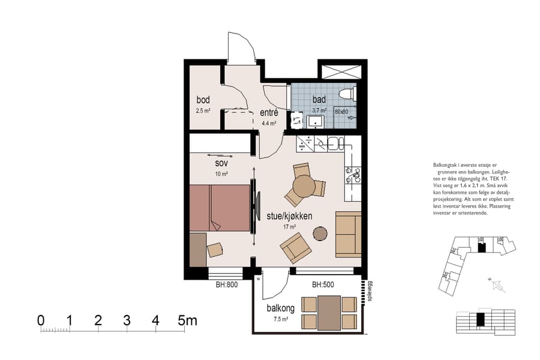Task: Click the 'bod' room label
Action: pos(203,100)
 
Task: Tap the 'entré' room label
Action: pos(268,113)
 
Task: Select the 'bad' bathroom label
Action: pos(319,99)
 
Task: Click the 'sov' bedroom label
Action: pos(221,163)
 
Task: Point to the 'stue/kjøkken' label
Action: pos(289,216)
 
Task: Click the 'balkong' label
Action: pos(280,308)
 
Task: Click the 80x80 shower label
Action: pos(341,112)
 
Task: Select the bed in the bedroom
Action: pos(220,208)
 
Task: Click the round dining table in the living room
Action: pos(304,187)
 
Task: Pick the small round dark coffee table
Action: pos(321,233)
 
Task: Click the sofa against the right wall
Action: pos(348,234)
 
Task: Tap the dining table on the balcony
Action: pos(329,313)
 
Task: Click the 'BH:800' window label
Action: pos(227,285)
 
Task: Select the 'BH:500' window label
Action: pos(323,285)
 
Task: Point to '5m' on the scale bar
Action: pos(188,320)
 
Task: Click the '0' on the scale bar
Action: pos(41,320)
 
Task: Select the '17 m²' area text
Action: pos(289,227)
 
